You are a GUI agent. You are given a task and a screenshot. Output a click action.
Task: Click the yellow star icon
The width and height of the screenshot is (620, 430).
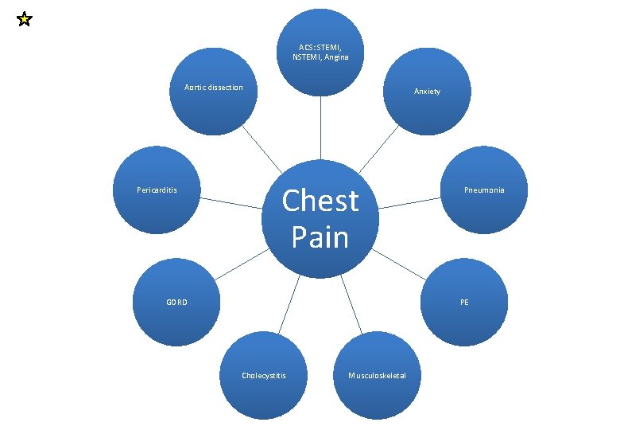tap(24, 19)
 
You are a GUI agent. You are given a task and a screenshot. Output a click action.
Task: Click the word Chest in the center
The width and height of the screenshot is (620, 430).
tap(320, 201)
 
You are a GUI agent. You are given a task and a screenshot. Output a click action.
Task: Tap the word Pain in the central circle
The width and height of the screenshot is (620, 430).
tap(320, 236)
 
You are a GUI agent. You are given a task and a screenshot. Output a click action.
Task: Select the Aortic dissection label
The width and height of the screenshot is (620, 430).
tap(213, 87)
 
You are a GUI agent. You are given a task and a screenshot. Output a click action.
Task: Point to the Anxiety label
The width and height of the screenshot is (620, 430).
tap(427, 92)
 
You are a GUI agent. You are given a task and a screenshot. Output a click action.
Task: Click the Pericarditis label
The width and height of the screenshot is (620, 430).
tap(157, 190)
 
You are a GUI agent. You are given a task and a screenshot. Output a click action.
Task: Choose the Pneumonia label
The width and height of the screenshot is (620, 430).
tap(484, 190)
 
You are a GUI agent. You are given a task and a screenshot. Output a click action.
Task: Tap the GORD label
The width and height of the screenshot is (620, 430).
tap(176, 302)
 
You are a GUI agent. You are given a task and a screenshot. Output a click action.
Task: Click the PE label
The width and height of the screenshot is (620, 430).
tap(464, 302)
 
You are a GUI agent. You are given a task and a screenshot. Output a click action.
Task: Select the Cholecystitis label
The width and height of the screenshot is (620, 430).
tap(264, 375)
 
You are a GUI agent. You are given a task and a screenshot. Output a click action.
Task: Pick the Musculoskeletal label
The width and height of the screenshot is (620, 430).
tap(377, 375)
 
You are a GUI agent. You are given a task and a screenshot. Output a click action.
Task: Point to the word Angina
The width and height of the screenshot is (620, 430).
tap(335, 57)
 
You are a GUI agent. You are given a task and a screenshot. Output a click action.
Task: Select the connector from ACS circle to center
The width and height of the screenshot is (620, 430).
tap(320, 127)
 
